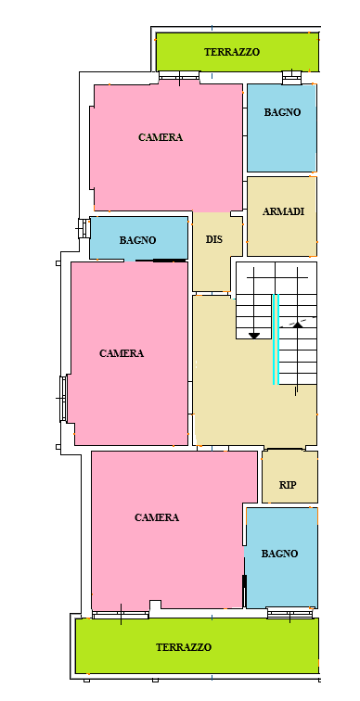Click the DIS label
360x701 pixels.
213,239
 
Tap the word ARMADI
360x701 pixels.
283,211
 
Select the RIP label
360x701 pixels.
288,485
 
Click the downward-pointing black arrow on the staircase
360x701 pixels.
254,336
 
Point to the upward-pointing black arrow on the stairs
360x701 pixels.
298,325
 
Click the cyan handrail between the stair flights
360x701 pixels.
276,339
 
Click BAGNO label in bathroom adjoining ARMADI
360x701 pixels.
282,112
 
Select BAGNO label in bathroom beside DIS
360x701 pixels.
137,240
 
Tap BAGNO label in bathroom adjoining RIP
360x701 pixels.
279,554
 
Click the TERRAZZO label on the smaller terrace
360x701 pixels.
232,52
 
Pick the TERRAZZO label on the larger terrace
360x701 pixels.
184,647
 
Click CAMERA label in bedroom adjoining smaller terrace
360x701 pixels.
161,137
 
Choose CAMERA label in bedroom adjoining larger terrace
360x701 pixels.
157,517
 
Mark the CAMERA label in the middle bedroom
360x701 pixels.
122,353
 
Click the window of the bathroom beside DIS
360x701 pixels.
84,228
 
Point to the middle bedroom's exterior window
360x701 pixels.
63,399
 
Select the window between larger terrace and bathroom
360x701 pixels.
289,614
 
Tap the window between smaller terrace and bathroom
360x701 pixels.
291,77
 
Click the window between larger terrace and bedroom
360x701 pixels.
121,615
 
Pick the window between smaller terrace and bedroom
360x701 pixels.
179,75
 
